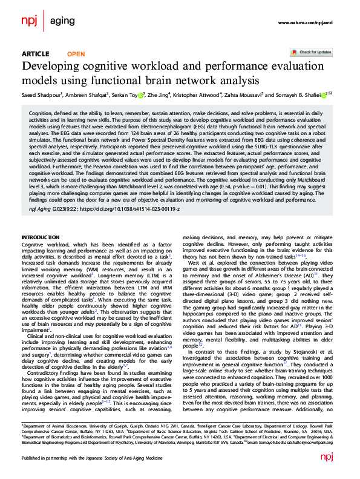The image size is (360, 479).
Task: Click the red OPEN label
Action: point(76,54)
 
